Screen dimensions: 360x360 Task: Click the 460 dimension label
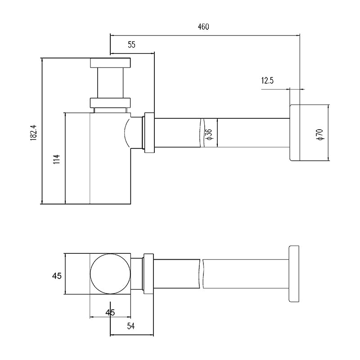pyautogui.click(x=203, y=27)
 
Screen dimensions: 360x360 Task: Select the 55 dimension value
pyautogui.click(x=131, y=45)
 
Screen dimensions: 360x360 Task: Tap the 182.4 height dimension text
pyautogui.click(x=33, y=133)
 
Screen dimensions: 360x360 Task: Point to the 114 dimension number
pyautogui.click(x=57, y=159)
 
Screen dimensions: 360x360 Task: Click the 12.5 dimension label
pyautogui.click(x=267, y=81)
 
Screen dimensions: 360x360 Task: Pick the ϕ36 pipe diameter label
pyautogui.click(x=209, y=134)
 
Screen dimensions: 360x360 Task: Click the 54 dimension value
pyautogui.click(x=131, y=326)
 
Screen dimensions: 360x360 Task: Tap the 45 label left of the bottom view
pyautogui.click(x=57, y=276)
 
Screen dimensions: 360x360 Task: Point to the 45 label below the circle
pyautogui.click(x=110, y=312)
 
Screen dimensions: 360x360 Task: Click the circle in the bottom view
pyautogui.click(x=110, y=274)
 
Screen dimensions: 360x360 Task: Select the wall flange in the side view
pyautogui.click(x=295, y=133)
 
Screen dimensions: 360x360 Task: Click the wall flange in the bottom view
pyautogui.click(x=294, y=274)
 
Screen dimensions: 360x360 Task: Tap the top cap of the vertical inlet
pyautogui.click(x=110, y=63)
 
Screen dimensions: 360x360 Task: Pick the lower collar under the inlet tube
pyautogui.click(x=110, y=103)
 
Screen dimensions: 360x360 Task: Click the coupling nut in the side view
pyautogui.click(x=149, y=133)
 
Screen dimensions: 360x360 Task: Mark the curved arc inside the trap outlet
pyautogui.click(x=126, y=133)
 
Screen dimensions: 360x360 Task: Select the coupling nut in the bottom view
pyautogui.click(x=148, y=274)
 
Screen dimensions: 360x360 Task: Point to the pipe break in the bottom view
pyautogui.click(x=201, y=274)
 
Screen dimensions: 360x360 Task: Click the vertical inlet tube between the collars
pyautogui.click(x=110, y=83)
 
